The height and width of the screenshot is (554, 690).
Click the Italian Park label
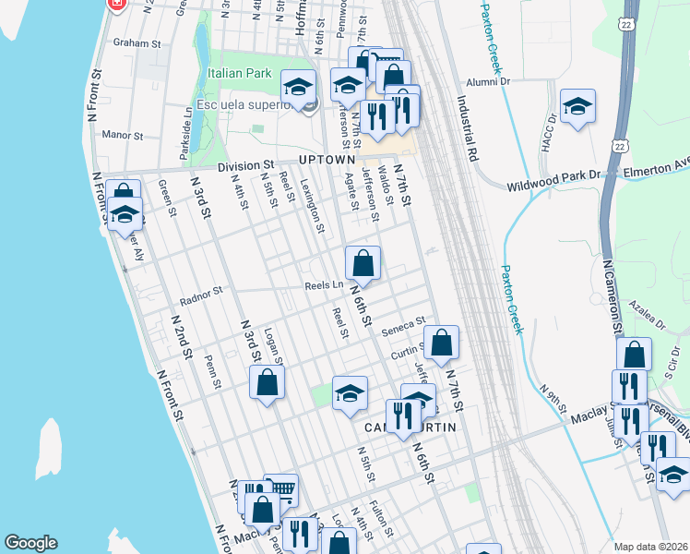[238, 73]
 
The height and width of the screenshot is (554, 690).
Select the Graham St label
[137, 42]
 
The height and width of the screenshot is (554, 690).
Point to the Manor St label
[123, 136]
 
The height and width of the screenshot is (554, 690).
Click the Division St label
[246, 167]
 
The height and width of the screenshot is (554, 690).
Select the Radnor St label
[202, 295]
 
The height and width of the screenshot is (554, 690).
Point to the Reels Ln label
[324, 285]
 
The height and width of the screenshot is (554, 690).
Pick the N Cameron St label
[612, 296]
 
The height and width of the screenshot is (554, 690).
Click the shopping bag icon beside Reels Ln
[363, 263]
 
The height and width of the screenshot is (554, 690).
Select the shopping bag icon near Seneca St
[442, 343]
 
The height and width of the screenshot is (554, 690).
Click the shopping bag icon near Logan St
[267, 383]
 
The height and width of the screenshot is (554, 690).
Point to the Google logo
[30, 543]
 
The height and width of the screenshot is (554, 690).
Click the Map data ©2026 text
[651, 547]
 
